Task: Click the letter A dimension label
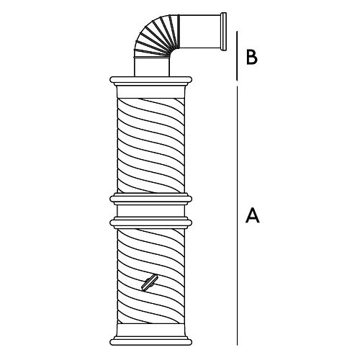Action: pyautogui.click(x=253, y=215)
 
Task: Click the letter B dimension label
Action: pyautogui.click(x=252, y=57)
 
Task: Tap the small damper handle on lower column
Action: pyautogui.click(x=149, y=283)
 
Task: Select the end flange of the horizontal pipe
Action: pyautogui.click(x=223, y=32)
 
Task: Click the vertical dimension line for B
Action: pyautogui.click(x=237, y=55)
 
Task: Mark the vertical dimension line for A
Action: pyautogui.click(x=237, y=216)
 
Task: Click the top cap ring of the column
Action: pyautogui.click(x=150, y=81)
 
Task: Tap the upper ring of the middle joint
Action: pyautogui.click(x=150, y=199)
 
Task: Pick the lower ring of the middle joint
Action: pyautogui.click(x=150, y=222)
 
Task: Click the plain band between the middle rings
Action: pyautogui.click(x=150, y=211)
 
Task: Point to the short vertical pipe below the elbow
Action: pyautogui.click(x=152, y=67)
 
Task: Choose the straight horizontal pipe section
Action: pyautogui.click(x=200, y=32)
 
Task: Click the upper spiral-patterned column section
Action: pyautogui.click(x=150, y=145)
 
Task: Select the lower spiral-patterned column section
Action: pyautogui.click(x=150, y=276)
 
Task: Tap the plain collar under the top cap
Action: pyautogui.click(x=150, y=92)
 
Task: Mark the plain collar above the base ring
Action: pyautogui.click(x=150, y=330)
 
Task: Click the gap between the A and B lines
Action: pyautogui.click(x=237, y=84)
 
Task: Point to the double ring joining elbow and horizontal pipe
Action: pyautogui.click(x=179, y=32)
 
